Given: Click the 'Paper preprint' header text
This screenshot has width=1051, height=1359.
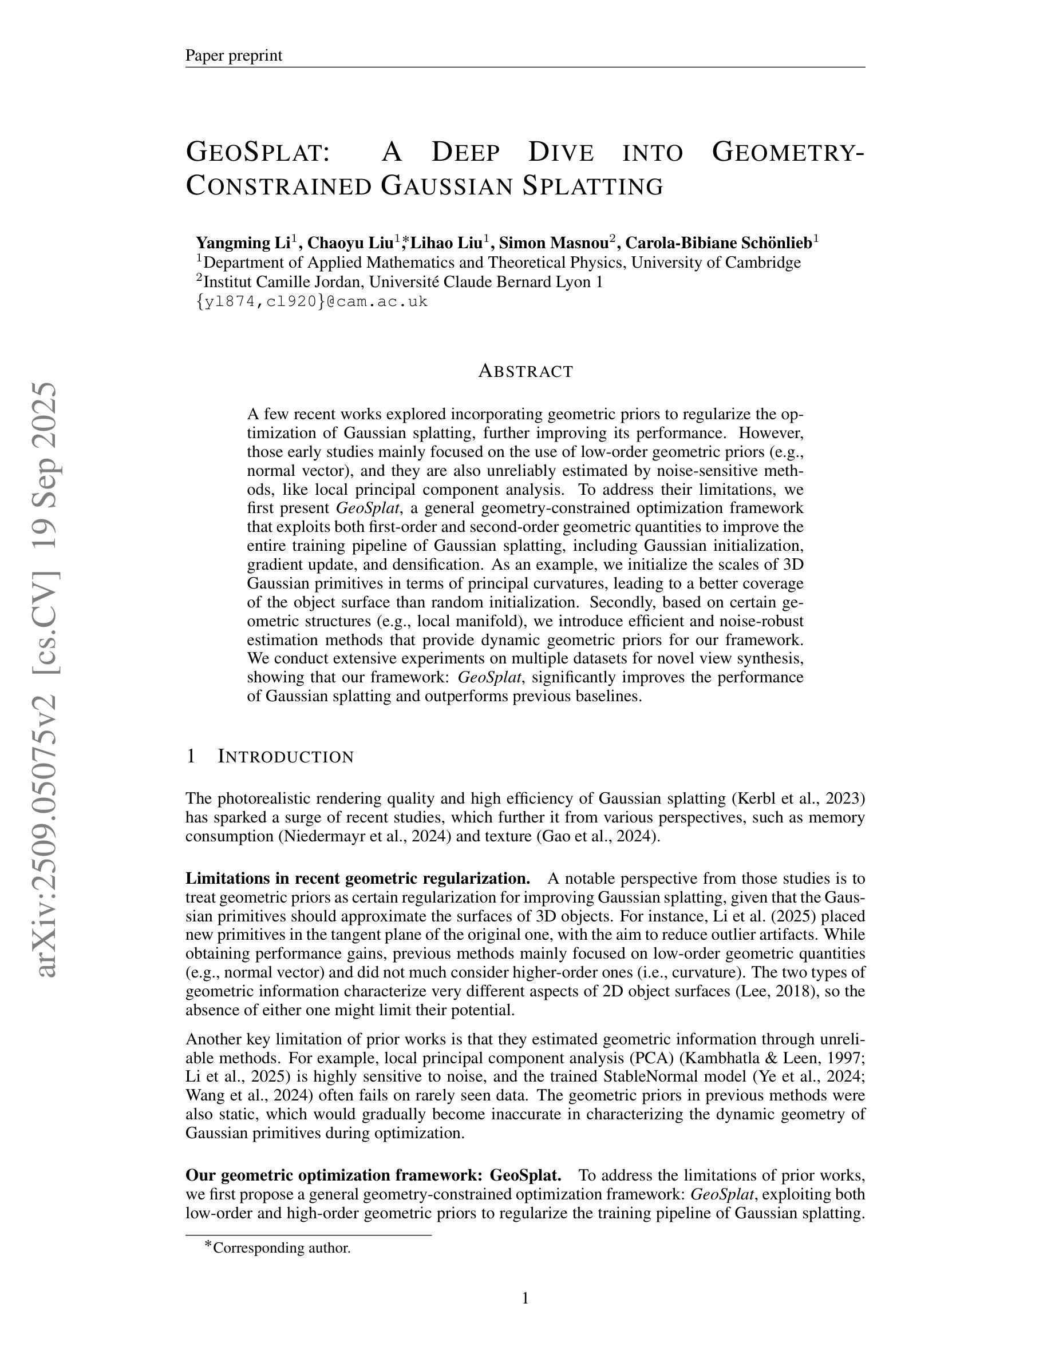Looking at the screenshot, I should (234, 55).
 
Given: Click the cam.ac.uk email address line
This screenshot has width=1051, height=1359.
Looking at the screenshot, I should (312, 302).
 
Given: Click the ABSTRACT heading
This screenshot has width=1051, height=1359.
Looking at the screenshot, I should (525, 371).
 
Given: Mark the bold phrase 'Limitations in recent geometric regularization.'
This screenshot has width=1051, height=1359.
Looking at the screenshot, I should (358, 878).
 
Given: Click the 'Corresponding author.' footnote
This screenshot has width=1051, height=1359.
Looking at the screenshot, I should (282, 1247).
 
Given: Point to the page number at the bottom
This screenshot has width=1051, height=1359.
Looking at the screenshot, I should (525, 1298).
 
